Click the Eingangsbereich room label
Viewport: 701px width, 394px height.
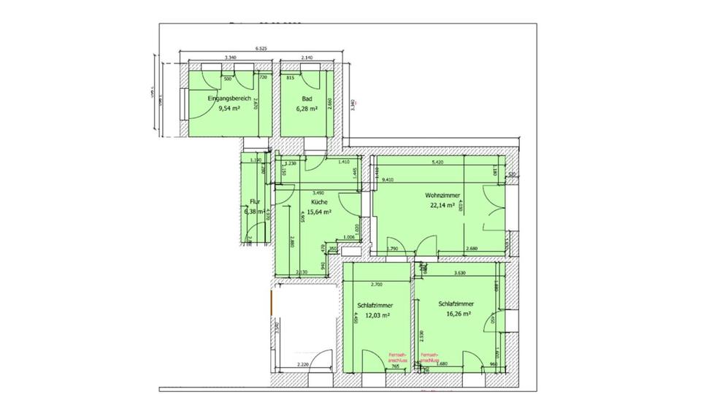pyautogui.click(x=229, y=98)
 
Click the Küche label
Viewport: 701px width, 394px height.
pyautogui.click(x=318, y=202)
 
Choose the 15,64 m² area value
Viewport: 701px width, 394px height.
pyautogui.click(x=321, y=212)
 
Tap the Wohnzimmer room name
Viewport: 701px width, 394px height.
pyautogui.click(x=442, y=195)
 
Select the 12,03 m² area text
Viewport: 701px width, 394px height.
pyautogui.click(x=376, y=315)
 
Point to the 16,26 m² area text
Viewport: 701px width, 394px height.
pyautogui.click(x=456, y=315)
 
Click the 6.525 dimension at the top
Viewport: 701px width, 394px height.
pyautogui.click(x=261, y=49)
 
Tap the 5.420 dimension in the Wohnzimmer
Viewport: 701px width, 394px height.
pyautogui.click(x=438, y=163)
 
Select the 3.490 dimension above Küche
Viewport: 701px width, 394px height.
pyautogui.click(x=318, y=193)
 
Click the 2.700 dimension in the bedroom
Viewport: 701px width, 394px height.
pyautogui.click(x=378, y=284)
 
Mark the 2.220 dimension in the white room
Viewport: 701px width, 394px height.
pyautogui.click(x=304, y=364)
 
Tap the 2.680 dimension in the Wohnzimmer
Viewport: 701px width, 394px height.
pyautogui.click(x=473, y=249)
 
